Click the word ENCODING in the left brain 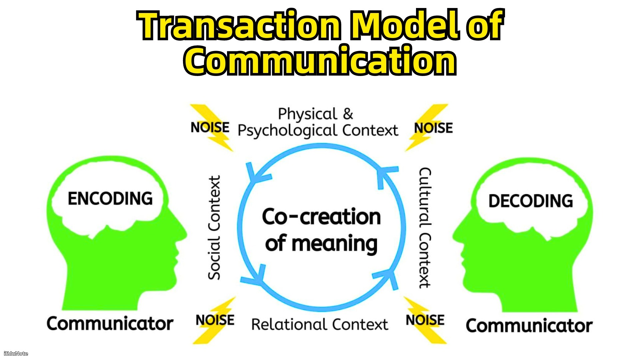[110, 199]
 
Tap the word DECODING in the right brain [531, 201]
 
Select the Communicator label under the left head [110, 324]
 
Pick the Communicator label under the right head [529, 326]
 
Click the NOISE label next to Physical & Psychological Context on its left [210, 127]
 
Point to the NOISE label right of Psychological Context [433, 128]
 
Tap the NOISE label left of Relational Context [215, 320]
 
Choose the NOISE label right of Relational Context [425, 320]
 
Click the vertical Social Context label [214, 228]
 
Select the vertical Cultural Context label [425, 228]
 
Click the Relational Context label [320, 324]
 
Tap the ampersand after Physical [348, 114]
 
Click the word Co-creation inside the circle [321, 217]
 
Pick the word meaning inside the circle [335, 244]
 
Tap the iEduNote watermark [16, 353]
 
